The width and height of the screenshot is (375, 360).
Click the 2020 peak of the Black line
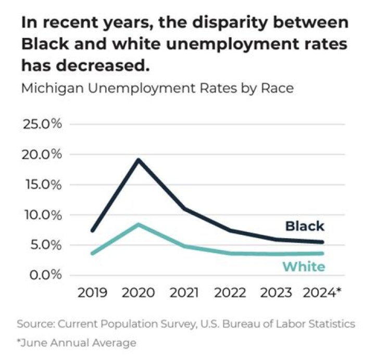pyautogui.click(x=139, y=159)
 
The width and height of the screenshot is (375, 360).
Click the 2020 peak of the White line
pyautogui.click(x=138, y=225)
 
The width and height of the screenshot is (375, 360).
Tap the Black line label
pyautogui.click(x=304, y=226)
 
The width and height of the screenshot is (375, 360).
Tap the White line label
pyautogui.click(x=304, y=267)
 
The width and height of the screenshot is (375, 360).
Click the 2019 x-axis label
pyautogui.click(x=93, y=292)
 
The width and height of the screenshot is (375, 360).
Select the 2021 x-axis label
pyautogui.click(x=184, y=292)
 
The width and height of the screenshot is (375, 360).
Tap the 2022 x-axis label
pyautogui.click(x=231, y=292)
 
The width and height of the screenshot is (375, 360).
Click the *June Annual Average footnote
pyautogui.click(x=77, y=343)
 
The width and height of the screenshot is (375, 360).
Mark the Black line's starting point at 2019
pyautogui.click(x=93, y=230)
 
